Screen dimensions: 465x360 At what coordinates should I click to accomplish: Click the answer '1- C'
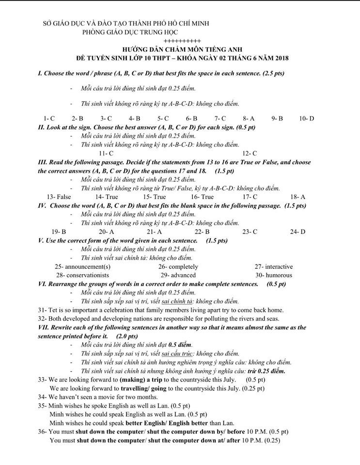point(49,118)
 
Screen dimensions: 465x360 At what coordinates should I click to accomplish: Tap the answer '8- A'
point(249,118)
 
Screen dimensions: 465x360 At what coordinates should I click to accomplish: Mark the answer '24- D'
point(297,232)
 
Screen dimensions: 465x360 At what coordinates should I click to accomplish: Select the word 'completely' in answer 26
point(183,266)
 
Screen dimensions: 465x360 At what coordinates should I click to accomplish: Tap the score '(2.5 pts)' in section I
point(273,74)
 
